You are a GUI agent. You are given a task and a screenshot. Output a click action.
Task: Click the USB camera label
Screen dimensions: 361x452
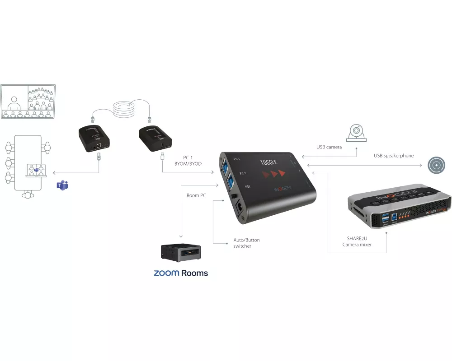coord(329,147)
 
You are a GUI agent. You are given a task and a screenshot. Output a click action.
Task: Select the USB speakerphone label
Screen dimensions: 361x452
coord(393,156)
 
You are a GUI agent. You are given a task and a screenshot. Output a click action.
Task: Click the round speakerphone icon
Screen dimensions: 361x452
coord(437,166)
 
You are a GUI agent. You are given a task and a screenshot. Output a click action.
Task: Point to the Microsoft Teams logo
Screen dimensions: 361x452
coord(62,185)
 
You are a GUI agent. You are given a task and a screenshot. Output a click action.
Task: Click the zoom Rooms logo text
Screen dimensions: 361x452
coord(181,273)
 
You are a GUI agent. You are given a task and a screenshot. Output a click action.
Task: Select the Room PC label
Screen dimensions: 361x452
coord(196,195)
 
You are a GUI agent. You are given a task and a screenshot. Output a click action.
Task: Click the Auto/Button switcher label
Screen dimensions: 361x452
coord(246,243)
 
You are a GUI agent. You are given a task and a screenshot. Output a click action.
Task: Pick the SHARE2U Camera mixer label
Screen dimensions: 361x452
coord(357,241)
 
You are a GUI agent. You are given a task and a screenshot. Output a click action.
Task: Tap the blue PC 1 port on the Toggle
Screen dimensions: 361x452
coord(226,165)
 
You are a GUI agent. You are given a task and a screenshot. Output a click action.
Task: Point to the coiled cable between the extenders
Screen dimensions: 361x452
coord(124,110)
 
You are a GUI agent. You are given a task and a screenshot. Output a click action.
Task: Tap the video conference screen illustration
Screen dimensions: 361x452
coord(28,102)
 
